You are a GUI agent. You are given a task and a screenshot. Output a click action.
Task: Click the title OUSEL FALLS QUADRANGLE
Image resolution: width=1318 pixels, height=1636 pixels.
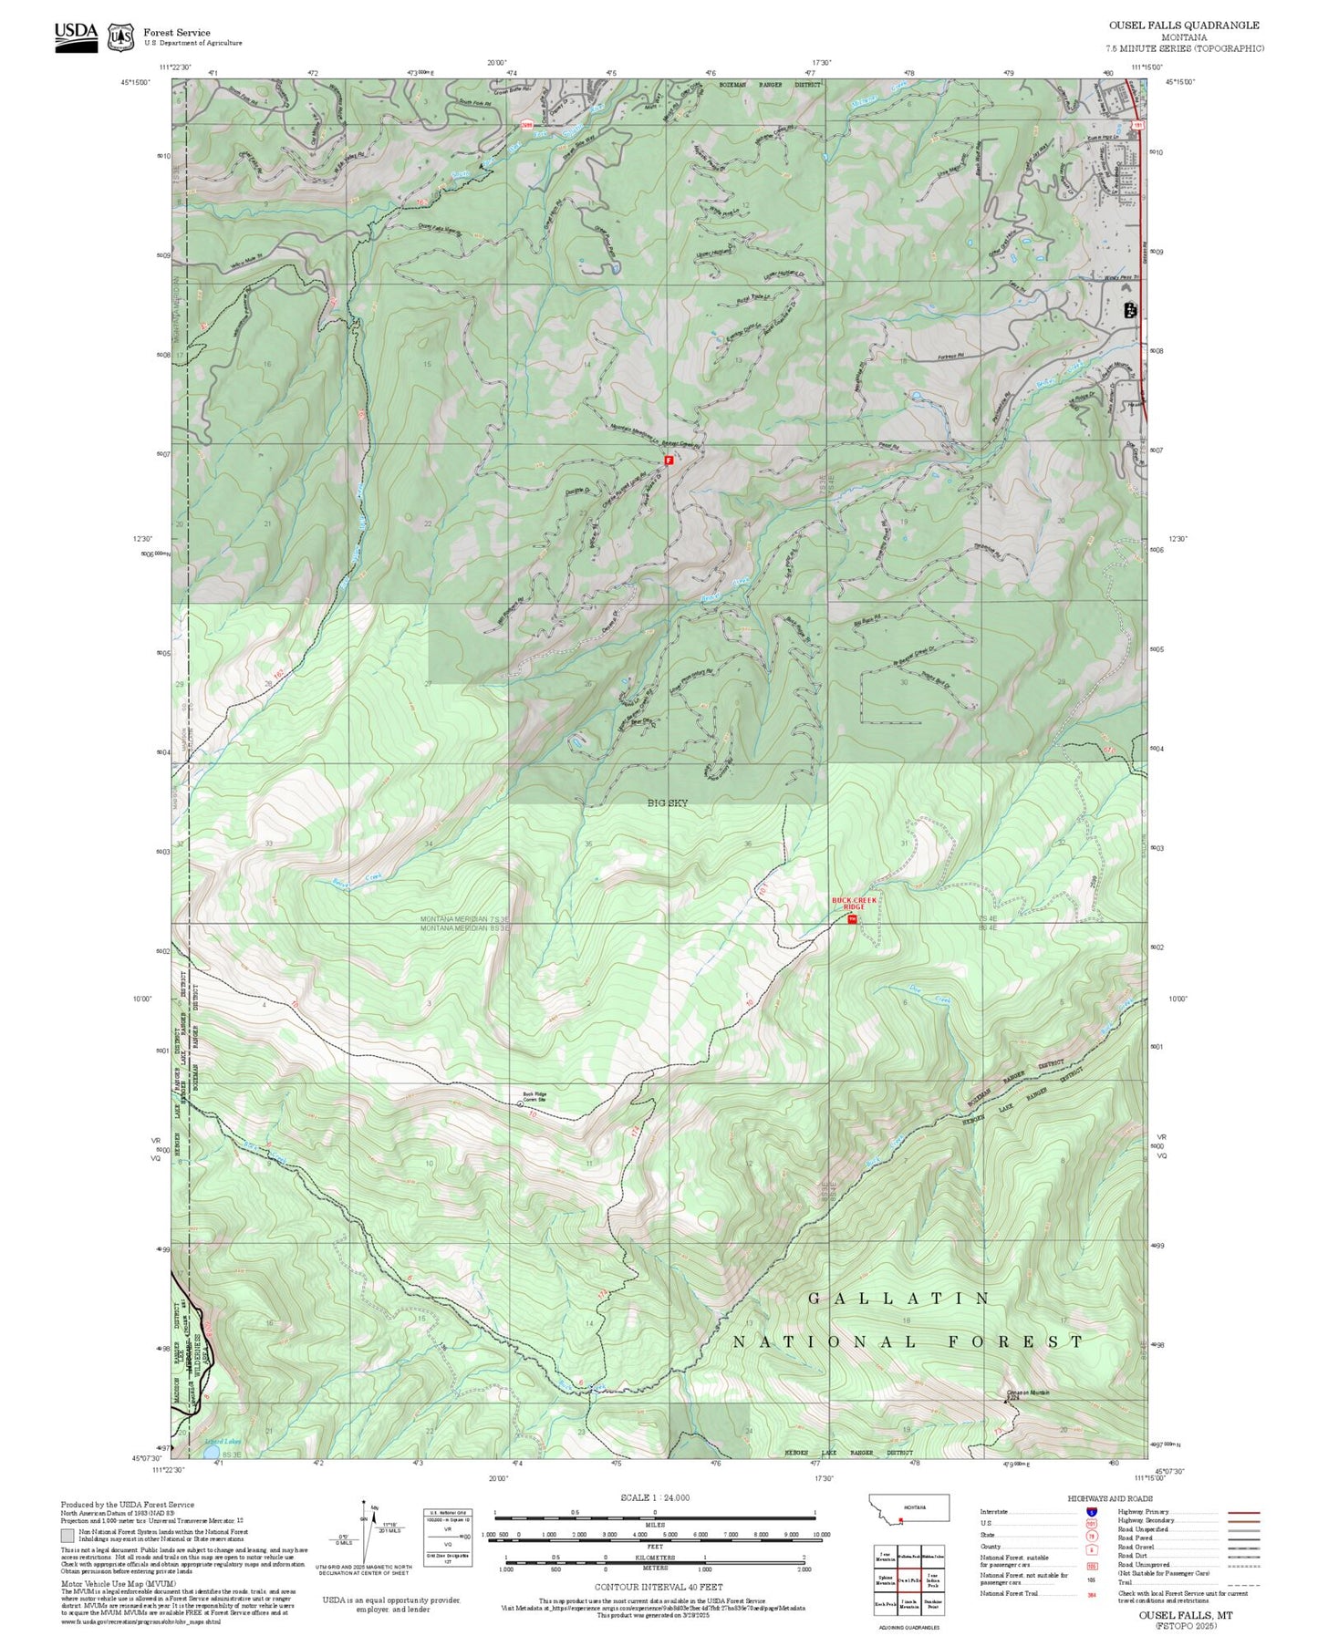point(1184,26)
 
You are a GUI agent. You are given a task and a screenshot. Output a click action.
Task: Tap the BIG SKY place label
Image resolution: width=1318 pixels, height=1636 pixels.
point(668,802)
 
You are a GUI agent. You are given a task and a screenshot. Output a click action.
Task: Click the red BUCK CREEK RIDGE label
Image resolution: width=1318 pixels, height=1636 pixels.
point(853,903)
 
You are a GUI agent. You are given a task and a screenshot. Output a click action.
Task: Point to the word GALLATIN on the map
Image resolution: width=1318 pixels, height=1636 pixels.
point(898,1298)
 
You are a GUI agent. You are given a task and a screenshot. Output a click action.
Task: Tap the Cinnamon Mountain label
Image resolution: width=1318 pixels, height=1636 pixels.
point(1027,1393)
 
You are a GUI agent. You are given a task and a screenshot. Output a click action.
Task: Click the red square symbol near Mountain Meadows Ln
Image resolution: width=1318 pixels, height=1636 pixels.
point(669,461)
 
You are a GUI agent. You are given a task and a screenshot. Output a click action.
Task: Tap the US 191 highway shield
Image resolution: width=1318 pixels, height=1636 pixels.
point(1137,123)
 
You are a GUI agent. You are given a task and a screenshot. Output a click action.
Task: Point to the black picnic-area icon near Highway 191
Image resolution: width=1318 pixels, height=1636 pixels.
point(1130,309)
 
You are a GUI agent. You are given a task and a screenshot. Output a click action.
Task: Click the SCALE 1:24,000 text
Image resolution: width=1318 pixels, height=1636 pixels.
point(655,1497)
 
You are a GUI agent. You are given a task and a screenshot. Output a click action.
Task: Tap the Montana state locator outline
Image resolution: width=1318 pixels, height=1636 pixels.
point(909,1507)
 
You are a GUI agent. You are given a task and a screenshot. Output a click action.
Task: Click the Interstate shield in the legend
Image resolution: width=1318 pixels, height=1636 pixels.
point(1091,1512)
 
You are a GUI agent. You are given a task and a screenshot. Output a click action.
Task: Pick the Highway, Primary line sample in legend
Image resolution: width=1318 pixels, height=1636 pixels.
point(1244,1512)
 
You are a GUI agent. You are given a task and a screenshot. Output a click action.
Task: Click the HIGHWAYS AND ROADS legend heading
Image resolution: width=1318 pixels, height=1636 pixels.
point(1110,1498)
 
